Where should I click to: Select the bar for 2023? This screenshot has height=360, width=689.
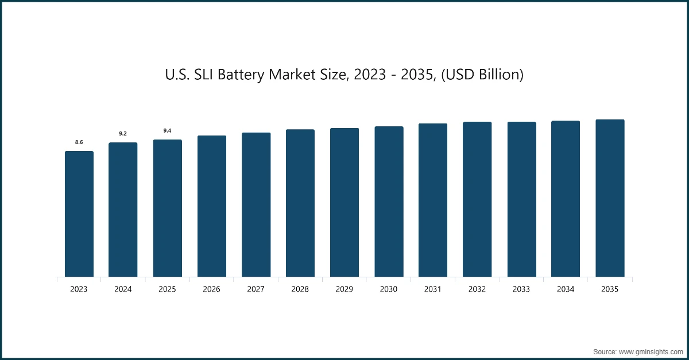(79, 214)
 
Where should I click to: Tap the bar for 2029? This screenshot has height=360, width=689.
(344, 203)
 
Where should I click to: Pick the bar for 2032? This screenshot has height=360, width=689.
(477, 200)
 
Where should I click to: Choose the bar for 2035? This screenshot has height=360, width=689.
(610, 199)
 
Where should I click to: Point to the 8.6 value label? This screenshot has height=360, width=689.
(79, 142)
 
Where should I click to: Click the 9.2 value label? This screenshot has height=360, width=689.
(123, 133)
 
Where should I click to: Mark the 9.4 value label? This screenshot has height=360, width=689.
(167, 131)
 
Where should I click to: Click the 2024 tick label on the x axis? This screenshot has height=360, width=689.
(123, 289)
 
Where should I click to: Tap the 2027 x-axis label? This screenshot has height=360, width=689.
(256, 289)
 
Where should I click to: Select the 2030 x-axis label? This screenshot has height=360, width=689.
(389, 289)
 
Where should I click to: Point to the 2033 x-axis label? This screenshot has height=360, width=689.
(521, 289)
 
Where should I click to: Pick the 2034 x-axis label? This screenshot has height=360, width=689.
(566, 289)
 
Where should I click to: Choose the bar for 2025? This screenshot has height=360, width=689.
(167, 208)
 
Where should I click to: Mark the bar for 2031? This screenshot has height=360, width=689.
(433, 200)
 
